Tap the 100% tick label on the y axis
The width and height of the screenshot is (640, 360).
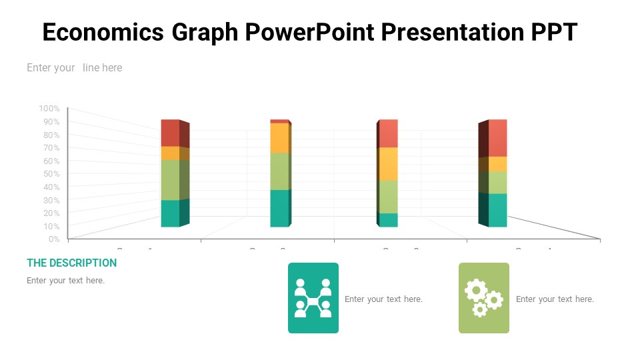click(x=49, y=109)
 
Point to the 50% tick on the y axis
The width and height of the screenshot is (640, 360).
click(x=51, y=174)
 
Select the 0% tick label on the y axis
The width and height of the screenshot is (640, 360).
click(x=53, y=239)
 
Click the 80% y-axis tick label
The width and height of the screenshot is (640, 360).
click(x=51, y=135)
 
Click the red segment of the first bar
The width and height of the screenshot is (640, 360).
click(x=171, y=133)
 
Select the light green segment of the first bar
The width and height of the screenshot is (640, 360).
click(x=171, y=179)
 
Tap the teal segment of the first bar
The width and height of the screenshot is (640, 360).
click(x=171, y=213)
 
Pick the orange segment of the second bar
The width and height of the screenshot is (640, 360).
click(x=279, y=138)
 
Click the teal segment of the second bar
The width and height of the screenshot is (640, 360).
click(x=279, y=208)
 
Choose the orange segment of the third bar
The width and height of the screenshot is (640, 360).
click(x=388, y=163)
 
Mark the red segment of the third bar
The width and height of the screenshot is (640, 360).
click(x=388, y=133)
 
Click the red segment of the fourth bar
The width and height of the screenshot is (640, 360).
click(x=497, y=137)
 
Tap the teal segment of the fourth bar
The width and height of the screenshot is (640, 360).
click(x=497, y=210)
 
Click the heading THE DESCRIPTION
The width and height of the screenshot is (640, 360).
click(x=71, y=263)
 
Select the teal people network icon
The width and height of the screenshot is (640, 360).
click(x=313, y=298)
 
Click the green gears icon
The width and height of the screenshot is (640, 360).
click(x=484, y=298)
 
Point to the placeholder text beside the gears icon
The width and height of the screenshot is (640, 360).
click(x=555, y=299)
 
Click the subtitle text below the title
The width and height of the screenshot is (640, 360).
click(x=74, y=67)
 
